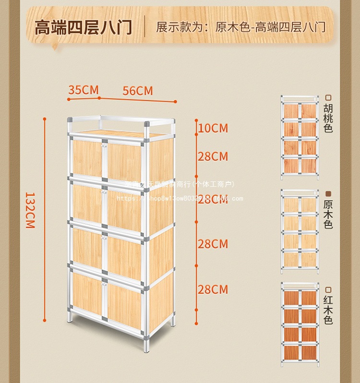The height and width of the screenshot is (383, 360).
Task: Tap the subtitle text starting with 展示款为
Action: tap(240, 26)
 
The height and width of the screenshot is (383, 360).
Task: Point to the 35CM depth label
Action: tap(83, 90)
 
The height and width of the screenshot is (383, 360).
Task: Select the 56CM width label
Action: tap(138, 91)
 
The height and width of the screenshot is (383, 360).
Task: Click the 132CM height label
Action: tap(30, 210)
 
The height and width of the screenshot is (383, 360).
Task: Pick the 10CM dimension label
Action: tap(213, 128)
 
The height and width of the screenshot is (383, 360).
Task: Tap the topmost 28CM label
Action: tap(213, 156)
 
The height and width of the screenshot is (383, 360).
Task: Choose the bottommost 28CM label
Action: tap(213, 289)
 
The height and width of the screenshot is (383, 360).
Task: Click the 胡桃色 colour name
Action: tap(328, 119)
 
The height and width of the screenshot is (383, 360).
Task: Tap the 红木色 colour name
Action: tap(328, 310)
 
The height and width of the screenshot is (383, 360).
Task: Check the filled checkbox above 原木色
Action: tap(328, 192)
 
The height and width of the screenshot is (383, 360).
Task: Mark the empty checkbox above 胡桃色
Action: tap(328, 96)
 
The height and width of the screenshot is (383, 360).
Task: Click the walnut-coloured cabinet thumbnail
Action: tap(300, 137)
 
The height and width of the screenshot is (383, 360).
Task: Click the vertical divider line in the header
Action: tap(144, 26)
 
